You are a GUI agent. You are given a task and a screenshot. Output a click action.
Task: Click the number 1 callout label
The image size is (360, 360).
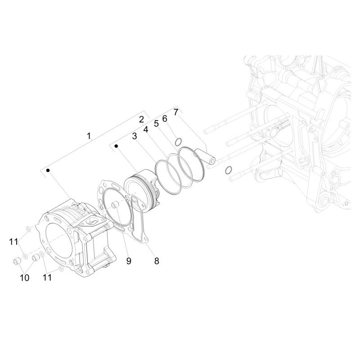(89, 136)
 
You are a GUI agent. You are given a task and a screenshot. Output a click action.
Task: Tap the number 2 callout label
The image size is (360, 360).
(141, 119)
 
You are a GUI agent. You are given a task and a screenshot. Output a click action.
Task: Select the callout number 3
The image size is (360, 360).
(135, 136)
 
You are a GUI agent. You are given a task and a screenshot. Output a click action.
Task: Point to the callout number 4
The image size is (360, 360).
(146, 130)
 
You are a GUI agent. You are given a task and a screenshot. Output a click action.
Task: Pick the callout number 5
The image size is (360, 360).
(156, 123)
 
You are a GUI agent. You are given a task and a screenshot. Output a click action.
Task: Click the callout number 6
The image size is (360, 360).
(165, 119)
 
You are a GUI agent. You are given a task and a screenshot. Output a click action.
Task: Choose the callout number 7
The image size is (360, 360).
(176, 112)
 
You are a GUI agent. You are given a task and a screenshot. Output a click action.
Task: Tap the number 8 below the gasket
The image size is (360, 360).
(157, 261)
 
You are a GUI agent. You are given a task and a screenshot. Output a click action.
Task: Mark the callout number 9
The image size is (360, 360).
(129, 261)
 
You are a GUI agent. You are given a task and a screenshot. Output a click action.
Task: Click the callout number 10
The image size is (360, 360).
(25, 278)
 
